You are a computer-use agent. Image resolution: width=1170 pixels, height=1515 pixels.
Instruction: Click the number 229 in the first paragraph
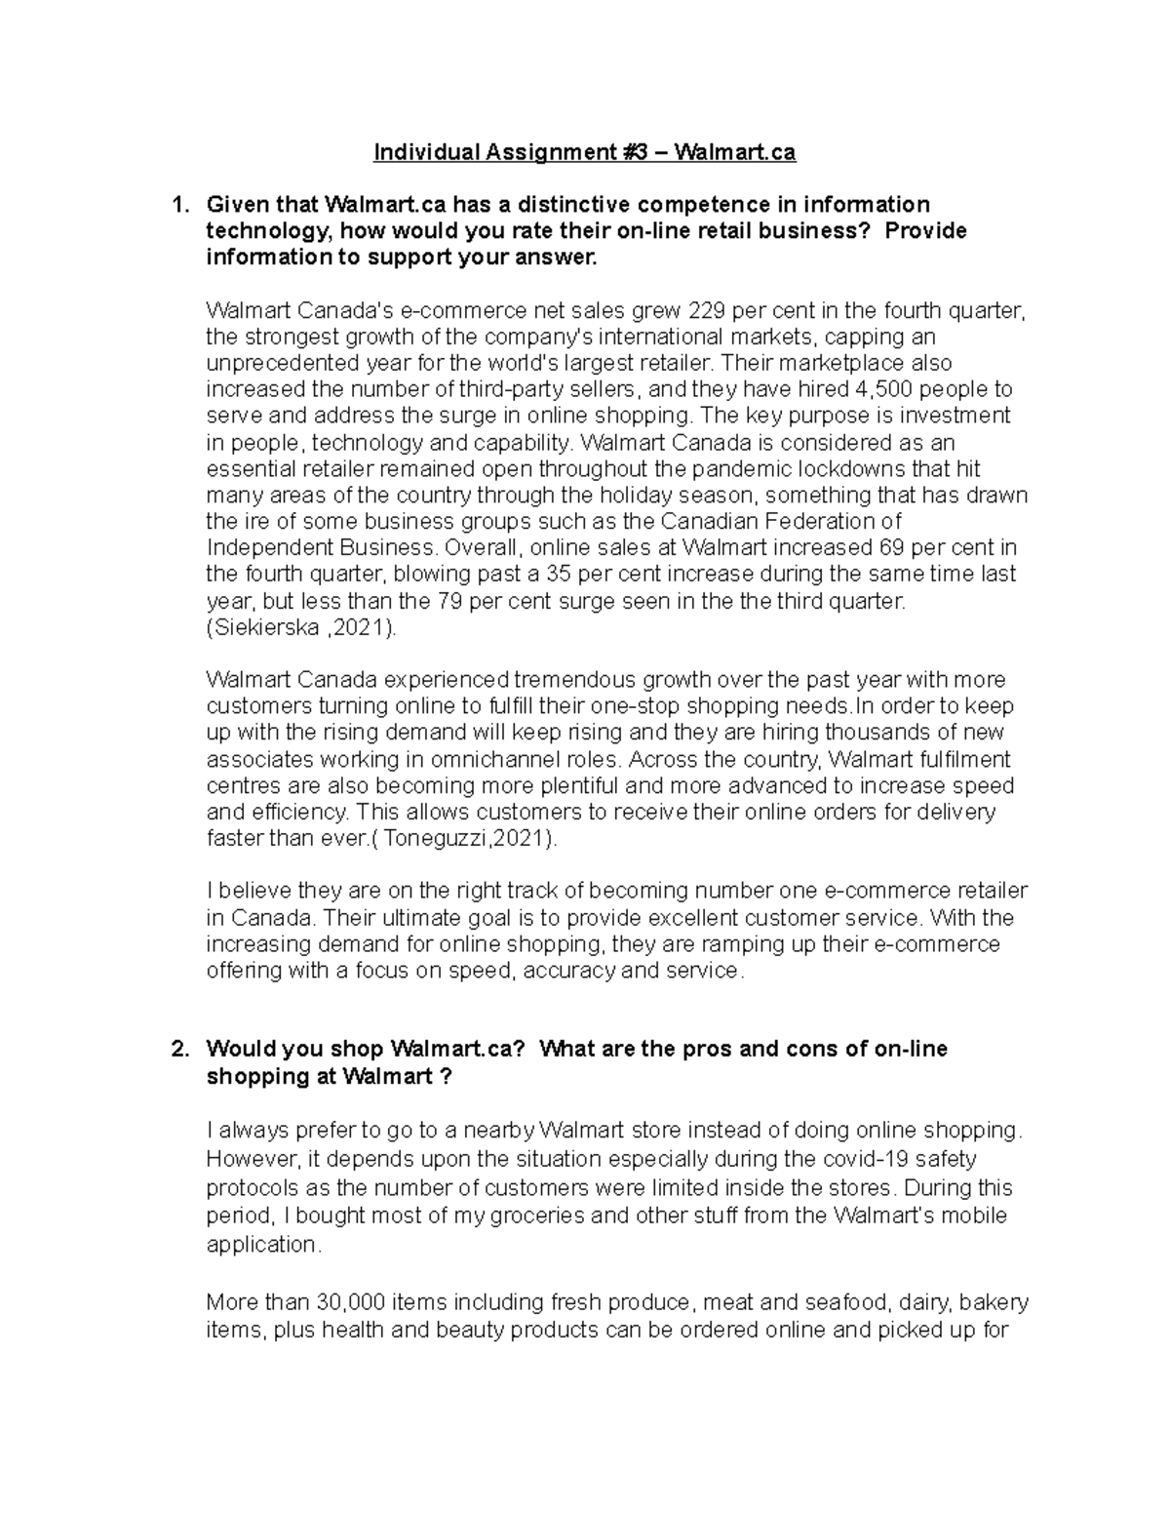[707, 311]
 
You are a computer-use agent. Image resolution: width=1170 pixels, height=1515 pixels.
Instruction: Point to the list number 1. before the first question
[178, 205]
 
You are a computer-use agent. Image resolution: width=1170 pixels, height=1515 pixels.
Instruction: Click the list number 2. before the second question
[178, 1050]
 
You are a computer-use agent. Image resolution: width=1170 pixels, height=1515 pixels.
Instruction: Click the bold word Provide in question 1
[926, 231]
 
